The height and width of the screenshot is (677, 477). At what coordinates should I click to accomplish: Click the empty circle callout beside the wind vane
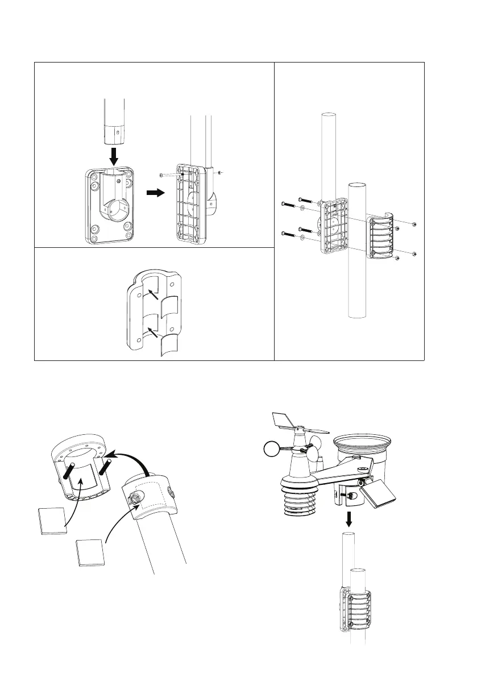273,450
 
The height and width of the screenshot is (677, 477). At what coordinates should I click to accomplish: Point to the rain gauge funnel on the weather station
361,447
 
